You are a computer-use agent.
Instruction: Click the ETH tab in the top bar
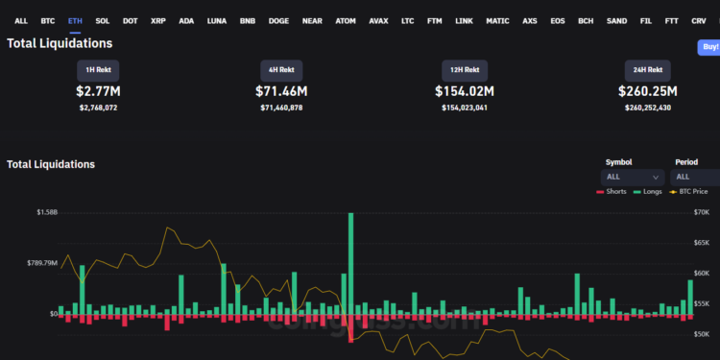coord(75,20)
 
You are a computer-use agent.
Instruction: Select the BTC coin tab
coord(48,20)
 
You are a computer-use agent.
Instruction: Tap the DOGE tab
coord(278,20)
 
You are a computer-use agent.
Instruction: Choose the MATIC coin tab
coord(497,20)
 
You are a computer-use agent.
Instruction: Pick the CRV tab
coord(699,20)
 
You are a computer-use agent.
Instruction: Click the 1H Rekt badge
coord(99,71)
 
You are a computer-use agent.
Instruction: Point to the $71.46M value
coord(281,91)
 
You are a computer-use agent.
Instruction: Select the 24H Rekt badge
coord(647,71)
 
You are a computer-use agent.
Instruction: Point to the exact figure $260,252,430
coord(647,108)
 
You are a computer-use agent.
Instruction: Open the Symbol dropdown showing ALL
coord(632,177)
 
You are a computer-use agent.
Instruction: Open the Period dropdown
coord(695,177)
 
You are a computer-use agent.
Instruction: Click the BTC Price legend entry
coord(695,192)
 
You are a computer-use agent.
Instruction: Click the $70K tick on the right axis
coord(702,211)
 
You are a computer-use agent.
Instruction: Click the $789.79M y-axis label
coord(40,262)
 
